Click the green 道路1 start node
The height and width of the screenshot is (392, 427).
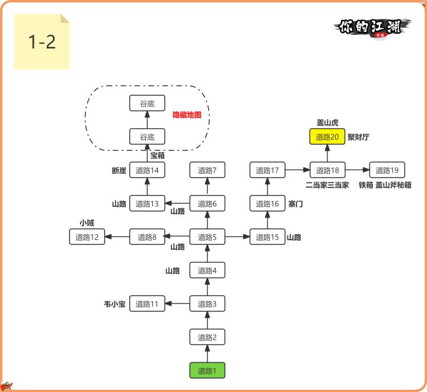207,371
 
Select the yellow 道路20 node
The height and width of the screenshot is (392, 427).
327,137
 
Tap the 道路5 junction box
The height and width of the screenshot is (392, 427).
207,237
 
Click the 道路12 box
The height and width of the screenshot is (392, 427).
87,237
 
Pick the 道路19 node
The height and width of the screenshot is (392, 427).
387,170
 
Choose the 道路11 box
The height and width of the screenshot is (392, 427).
147,304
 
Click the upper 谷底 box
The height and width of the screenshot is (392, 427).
147,104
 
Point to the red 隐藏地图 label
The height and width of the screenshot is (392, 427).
187,115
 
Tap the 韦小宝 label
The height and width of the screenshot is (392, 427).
114,304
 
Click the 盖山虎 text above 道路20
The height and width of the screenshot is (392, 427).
327,123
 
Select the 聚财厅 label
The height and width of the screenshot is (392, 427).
358,137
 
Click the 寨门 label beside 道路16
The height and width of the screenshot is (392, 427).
295,204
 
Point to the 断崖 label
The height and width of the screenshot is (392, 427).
119,171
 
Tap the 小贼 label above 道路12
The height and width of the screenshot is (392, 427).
87,224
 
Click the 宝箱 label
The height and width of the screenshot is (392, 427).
157,155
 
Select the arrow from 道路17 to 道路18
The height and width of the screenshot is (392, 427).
297,170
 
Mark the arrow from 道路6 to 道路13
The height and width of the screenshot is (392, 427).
177,204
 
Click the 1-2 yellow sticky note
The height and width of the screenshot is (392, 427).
42,42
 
